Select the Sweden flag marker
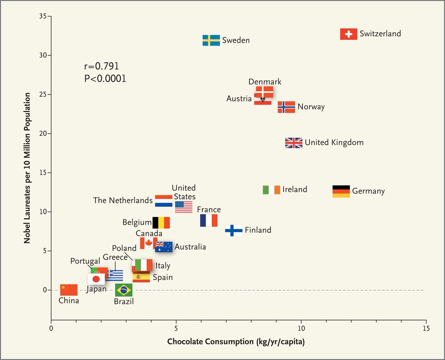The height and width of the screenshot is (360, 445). click(x=211, y=40)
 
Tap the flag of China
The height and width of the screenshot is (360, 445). click(x=69, y=289)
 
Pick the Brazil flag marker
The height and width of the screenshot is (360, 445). click(x=123, y=290)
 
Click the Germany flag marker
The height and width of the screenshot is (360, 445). click(x=341, y=191)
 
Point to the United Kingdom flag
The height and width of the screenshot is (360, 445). click(x=294, y=143)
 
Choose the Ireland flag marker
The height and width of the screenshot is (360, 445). click(x=271, y=190)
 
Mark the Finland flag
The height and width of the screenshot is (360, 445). click(x=234, y=230)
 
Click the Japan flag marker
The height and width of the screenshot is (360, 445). click(x=96, y=279)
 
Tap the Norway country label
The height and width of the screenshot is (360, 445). click(x=311, y=107)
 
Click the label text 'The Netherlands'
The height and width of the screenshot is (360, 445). click(x=123, y=200)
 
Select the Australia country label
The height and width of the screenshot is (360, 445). click(x=190, y=247)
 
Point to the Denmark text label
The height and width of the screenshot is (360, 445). click(x=265, y=82)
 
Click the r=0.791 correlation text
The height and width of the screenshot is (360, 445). click(x=101, y=66)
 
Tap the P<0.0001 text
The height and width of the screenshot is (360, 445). click(x=105, y=79)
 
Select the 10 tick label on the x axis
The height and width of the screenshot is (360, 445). click(x=301, y=328)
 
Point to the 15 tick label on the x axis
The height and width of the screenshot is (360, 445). click(x=426, y=328)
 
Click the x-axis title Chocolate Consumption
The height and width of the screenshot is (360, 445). click(x=236, y=341)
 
